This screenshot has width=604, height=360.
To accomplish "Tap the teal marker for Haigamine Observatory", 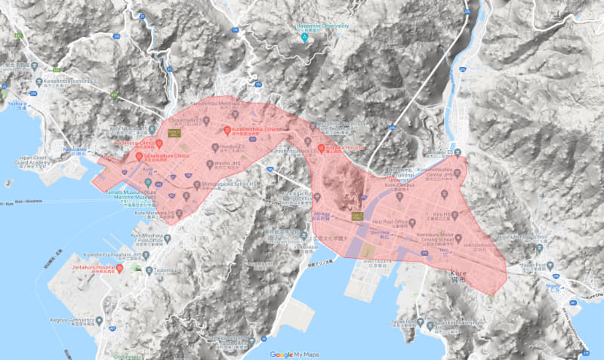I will coord(304,36).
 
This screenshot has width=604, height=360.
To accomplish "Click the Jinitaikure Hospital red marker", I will coord(119,268).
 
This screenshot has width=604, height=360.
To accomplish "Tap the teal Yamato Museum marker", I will coord(148,183).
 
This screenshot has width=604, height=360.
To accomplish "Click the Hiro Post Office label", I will coord(390,222).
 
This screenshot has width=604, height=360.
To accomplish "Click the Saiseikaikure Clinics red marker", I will coord(139,157).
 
